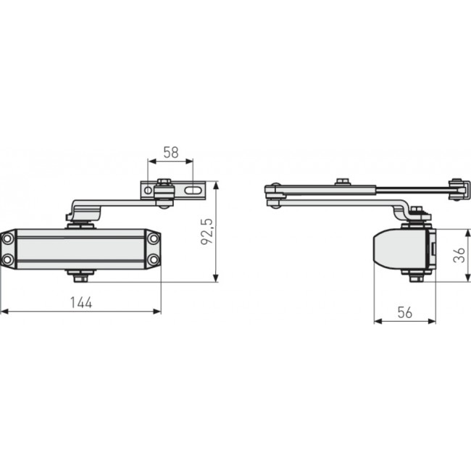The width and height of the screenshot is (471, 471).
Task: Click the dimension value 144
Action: point(81,304)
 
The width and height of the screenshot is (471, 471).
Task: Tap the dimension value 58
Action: point(171,153)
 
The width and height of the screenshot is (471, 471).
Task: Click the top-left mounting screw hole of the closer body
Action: point(7,238)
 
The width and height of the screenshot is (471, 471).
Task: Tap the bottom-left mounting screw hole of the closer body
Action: point(7,259)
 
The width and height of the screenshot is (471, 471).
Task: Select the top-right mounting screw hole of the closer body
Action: point(154,238)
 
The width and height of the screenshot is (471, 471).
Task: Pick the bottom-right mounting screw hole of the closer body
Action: point(154,259)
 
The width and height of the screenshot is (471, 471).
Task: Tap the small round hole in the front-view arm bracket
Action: point(149,191)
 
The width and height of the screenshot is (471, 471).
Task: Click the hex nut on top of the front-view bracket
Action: point(164,181)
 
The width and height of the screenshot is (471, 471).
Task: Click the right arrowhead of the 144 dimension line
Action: point(157,312)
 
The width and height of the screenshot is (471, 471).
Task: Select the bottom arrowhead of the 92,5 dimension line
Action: point(217,279)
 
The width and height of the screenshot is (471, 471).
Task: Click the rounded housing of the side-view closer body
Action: point(395,250)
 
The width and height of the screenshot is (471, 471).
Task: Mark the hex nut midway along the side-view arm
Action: point(342,181)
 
